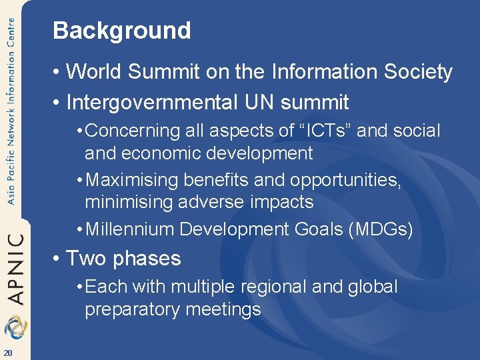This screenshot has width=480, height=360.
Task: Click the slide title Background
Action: click(x=121, y=31)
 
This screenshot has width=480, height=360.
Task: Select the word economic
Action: click(x=164, y=153)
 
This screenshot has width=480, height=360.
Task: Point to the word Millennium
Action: click(x=130, y=229)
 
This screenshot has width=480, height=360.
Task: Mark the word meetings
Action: click(x=223, y=310)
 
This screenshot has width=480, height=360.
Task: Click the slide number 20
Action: click(x=7, y=353)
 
